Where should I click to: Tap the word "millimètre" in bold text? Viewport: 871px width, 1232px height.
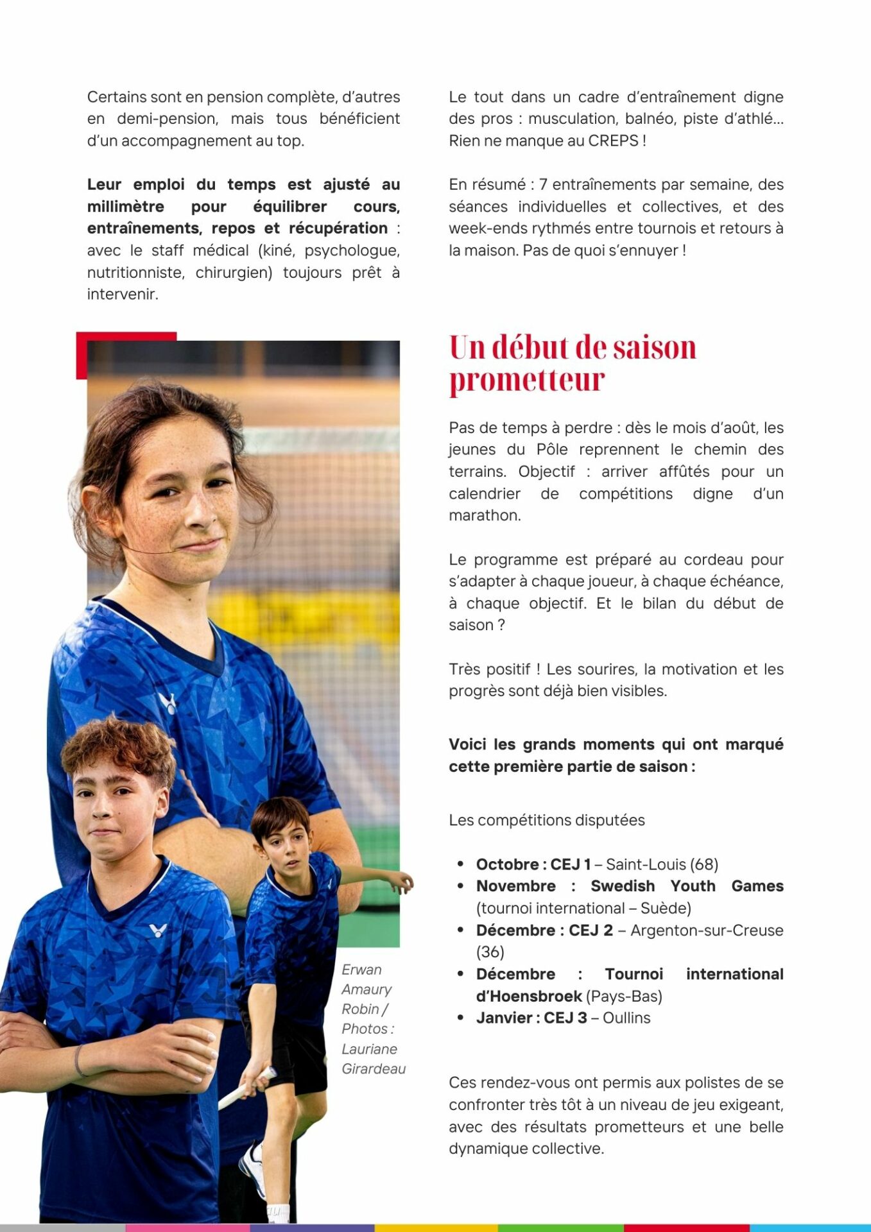tap(126, 207)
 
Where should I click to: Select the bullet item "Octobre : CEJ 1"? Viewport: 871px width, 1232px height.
tap(533, 864)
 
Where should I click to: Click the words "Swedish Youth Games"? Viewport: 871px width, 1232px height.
tap(686, 886)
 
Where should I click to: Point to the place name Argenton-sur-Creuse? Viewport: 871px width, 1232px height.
tap(706, 930)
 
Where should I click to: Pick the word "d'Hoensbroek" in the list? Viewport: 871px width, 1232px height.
tap(529, 997)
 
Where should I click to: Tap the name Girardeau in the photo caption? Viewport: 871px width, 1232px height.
tap(374, 1069)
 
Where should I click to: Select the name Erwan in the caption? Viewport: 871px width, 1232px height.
tap(361, 970)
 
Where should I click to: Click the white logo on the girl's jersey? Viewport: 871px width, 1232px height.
tap(168, 703)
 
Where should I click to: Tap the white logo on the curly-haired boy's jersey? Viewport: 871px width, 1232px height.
tap(157, 930)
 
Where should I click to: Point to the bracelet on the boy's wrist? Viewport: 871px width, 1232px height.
tap(79, 1060)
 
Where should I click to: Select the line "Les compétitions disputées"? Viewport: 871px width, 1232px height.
tap(546, 820)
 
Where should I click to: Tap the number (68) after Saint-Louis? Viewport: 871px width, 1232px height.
tap(703, 864)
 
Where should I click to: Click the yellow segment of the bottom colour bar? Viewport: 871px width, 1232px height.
tap(436, 1228)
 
